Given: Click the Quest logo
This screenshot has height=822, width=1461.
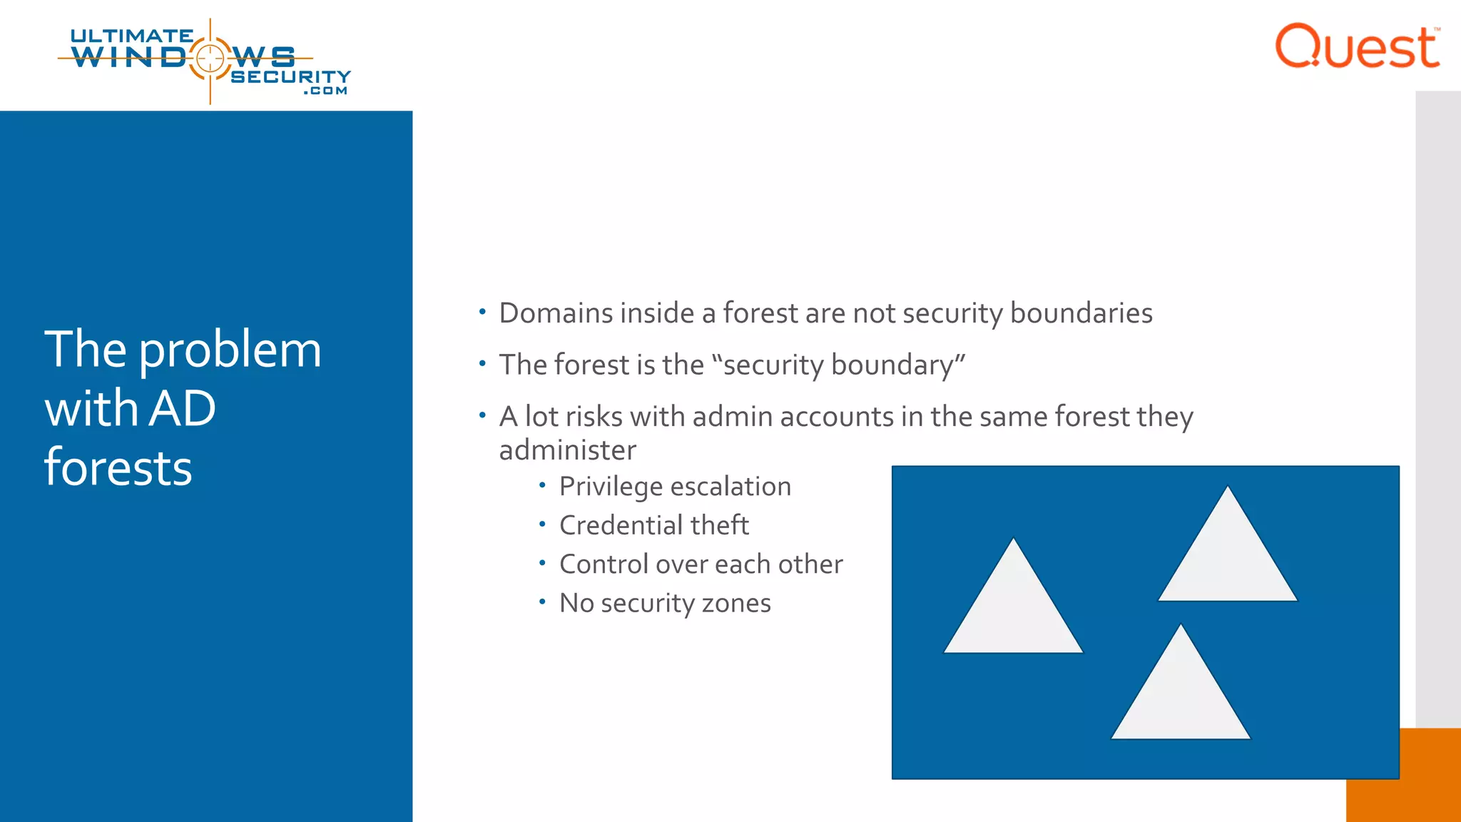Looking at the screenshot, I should pos(1357,47).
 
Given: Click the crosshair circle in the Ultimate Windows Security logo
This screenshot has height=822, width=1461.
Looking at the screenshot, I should pos(210,58).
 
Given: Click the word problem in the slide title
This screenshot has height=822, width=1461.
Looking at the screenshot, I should pos(230,350).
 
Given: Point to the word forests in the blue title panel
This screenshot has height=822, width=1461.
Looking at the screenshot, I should pos(118,468).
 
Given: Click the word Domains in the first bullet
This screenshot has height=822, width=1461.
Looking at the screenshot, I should pos(556,313).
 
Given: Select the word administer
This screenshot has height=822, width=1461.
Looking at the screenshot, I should pos(567,450).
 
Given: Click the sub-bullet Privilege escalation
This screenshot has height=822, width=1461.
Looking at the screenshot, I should pos(675,487).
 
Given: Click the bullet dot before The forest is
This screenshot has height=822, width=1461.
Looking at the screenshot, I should pos(482,364).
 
